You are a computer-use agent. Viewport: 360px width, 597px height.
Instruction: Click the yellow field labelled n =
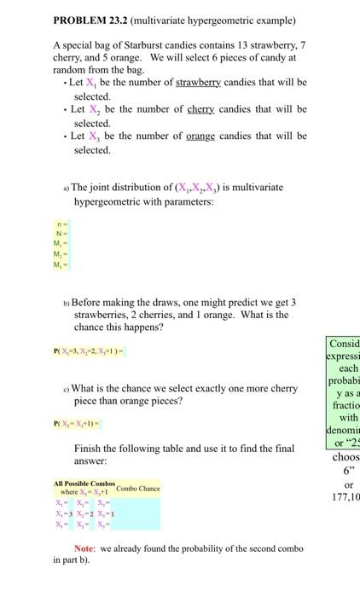(61, 225)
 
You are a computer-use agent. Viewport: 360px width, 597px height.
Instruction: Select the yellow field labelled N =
(61, 235)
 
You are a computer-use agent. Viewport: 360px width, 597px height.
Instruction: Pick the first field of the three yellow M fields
(61, 244)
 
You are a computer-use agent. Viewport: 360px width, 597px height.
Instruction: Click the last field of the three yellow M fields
(61, 264)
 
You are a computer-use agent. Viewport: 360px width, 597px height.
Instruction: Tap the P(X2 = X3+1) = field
(77, 424)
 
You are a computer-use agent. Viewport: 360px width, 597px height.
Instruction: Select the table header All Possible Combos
(83, 484)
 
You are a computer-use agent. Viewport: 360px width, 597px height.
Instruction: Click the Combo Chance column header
(137, 488)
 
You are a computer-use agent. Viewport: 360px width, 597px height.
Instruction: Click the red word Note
(84, 548)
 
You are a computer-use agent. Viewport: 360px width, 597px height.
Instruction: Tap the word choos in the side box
(345, 456)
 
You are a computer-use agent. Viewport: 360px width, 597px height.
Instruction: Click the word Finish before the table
(90, 449)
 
